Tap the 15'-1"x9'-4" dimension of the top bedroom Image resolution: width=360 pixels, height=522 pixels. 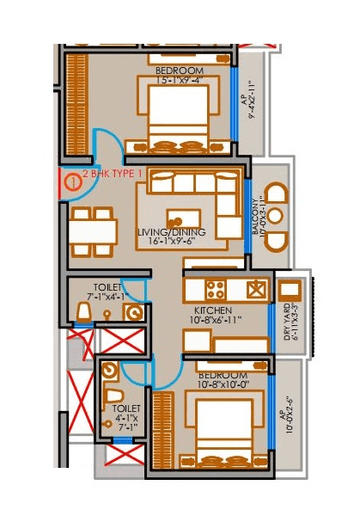coord(177,80)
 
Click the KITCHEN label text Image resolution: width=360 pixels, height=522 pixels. coord(211,310)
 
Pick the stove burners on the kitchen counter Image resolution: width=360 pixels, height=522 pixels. coord(212,288)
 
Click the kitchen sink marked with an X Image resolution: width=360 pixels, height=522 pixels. coord(253,288)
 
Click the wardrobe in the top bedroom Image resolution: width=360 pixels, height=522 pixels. coord(77,103)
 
